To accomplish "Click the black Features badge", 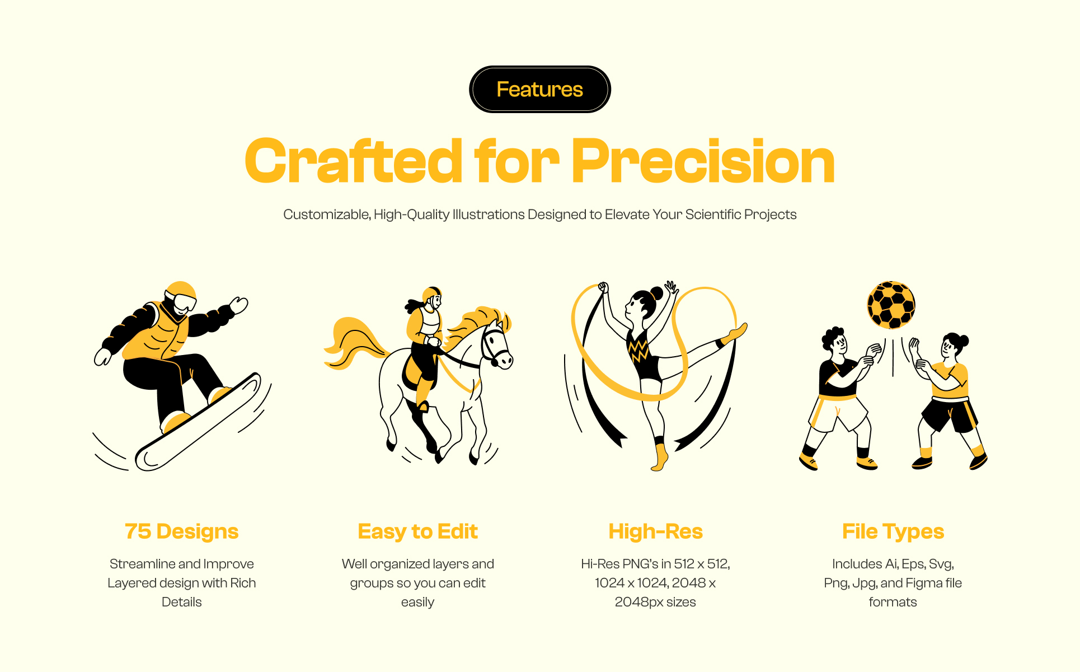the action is [539, 90].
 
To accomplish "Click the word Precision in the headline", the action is [703, 161].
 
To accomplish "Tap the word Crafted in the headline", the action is [353, 161].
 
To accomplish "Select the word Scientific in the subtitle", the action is [713, 214].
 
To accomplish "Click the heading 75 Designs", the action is [182, 531].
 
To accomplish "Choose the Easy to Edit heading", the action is [417, 531].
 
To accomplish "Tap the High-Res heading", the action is [655, 531].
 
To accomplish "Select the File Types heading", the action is [893, 531].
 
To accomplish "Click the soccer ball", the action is [891, 305].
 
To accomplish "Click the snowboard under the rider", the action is [199, 421].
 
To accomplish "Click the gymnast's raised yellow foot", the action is [735, 334].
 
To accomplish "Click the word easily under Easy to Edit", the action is [417, 603].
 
